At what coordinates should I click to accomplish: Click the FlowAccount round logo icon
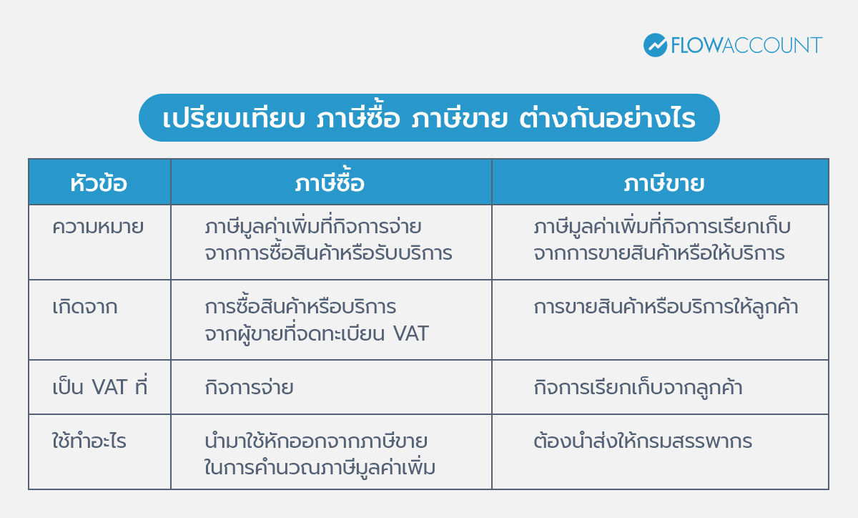(x=655, y=45)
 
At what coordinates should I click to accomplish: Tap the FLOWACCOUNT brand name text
(x=746, y=45)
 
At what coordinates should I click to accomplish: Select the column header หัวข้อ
(x=99, y=183)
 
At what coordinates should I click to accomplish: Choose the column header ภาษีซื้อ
(x=330, y=183)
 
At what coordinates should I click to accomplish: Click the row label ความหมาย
(x=98, y=228)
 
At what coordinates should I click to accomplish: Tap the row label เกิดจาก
(x=85, y=308)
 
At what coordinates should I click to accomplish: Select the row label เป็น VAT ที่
(x=99, y=387)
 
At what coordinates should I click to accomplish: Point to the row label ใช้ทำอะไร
(x=89, y=441)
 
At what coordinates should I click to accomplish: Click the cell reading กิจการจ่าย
(x=249, y=388)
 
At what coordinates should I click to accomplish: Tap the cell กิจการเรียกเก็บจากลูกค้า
(x=638, y=388)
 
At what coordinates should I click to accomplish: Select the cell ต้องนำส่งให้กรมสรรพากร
(x=643, y=441)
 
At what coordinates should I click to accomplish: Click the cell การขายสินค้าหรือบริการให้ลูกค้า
(x=666, y=308)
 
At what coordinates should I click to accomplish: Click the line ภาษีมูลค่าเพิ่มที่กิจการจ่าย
(x=312, y=228)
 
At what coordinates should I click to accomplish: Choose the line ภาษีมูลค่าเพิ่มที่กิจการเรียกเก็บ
(x=662, y=228)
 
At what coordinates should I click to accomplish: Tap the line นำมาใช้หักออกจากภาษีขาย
(x=316, y=441)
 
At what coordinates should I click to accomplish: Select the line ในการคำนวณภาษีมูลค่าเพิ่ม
(x=320, y=468)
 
